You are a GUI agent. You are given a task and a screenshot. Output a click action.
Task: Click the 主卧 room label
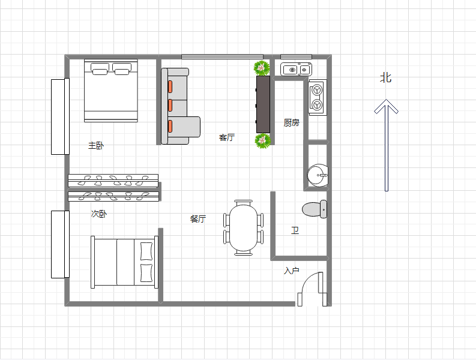(x=96, y=145)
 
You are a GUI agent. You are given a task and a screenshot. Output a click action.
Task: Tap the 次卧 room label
(x=98, y=214)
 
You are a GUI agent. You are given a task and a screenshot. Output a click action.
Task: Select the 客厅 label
(x=227, y=137)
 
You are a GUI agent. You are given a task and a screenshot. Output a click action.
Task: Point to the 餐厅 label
(x=198, y=218)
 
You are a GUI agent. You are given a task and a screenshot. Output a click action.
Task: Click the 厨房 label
(x=292, y=122)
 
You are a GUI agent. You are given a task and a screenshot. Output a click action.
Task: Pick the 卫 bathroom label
(x=295, y=230)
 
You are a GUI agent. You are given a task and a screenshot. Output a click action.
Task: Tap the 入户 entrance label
(x=292, y=271)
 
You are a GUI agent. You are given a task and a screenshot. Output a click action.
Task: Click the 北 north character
(x=386, y=78)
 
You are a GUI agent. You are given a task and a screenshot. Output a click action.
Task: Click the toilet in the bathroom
(x=315, y=209)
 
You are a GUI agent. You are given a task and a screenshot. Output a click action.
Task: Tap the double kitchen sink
(x=296, y=70)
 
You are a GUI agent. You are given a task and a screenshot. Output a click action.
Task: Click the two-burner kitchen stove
(x=318, y=97)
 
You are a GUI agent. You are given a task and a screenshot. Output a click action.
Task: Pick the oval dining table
(x=244, y=227)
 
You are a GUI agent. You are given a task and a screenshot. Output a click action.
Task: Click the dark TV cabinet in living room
(x=263, y=104)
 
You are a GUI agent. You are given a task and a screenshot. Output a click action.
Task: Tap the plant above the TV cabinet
(x=261, y=68)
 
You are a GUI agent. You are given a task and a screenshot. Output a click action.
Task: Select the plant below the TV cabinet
(x=262, y=141)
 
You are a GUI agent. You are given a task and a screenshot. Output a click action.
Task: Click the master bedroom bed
(x=111, y=91)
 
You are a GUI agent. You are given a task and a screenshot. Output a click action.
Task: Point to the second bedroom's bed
(x=124, y=262)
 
